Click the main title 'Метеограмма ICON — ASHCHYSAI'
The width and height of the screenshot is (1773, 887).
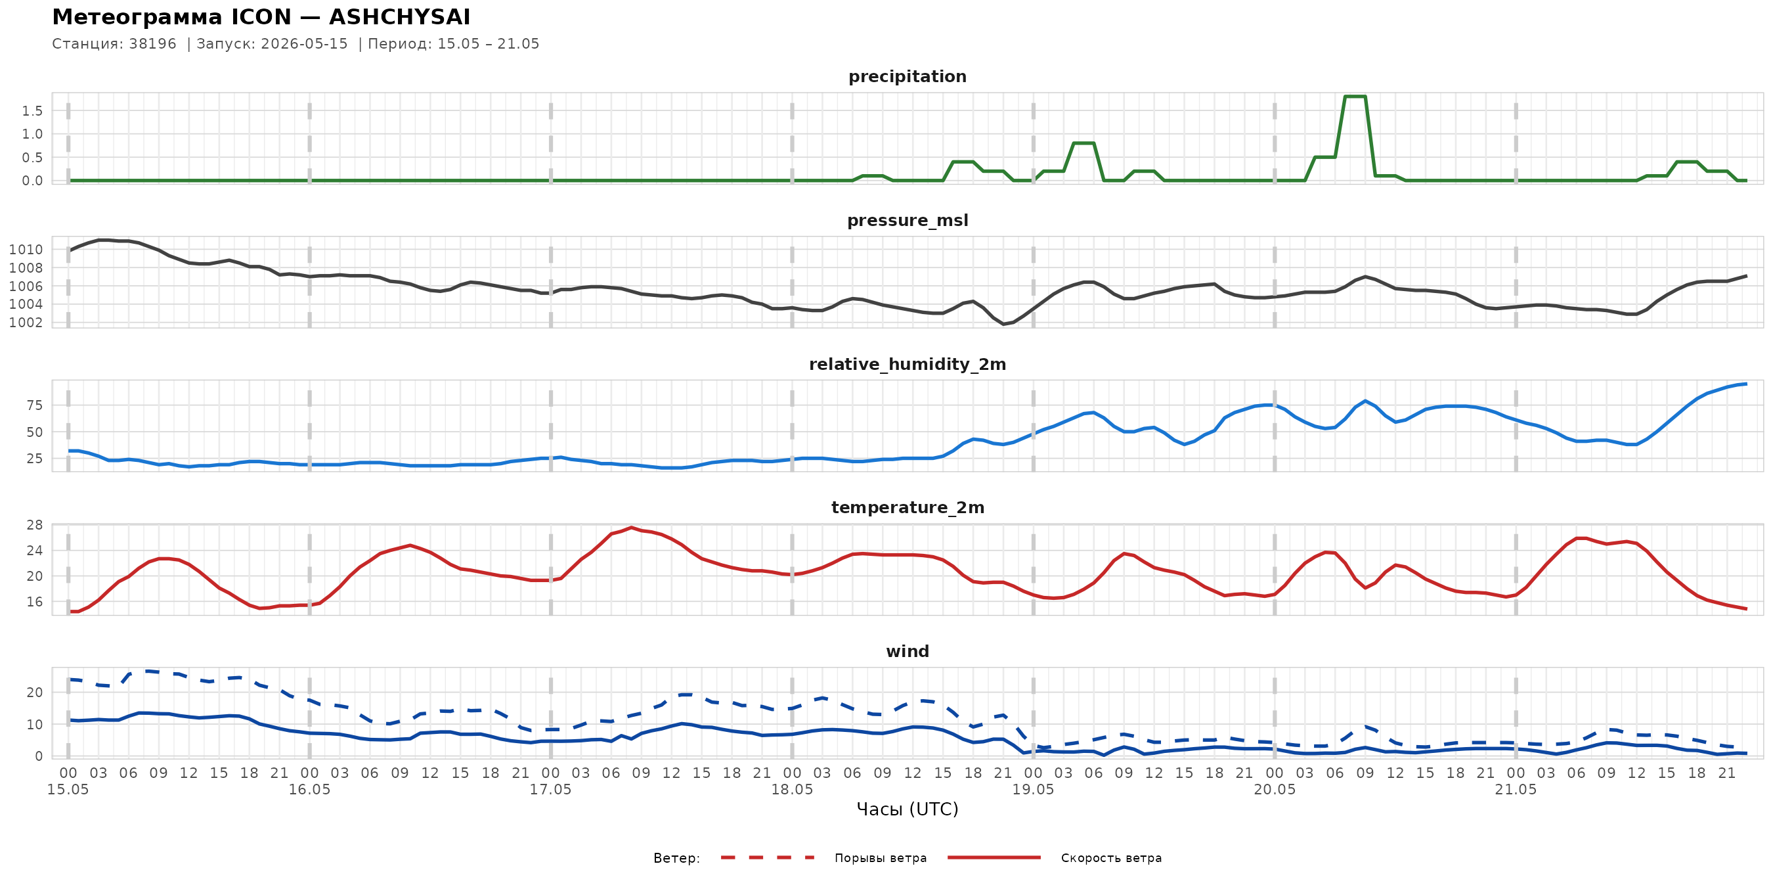(261, 16)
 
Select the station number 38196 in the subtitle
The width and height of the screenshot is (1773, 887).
(153, 44)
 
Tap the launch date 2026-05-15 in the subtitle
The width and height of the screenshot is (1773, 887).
(304, 44)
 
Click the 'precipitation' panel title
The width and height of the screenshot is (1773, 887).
(907, 76)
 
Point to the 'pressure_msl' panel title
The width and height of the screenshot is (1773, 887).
(907, 220)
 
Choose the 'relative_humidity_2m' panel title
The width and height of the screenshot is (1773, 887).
(907, 364)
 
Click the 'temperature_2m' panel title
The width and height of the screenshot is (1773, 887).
(907, 507)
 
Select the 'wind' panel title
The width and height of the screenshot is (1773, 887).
(907, 652)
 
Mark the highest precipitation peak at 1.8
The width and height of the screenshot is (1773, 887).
(1355, 97)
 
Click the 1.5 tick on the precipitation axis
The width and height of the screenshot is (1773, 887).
(32, 111)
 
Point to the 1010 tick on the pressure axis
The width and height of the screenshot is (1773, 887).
(26, 249)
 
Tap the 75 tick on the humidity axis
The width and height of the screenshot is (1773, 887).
(34, 405)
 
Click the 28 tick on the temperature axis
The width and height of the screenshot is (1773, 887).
(34, 525)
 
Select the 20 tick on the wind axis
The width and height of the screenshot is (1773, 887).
(34, 692)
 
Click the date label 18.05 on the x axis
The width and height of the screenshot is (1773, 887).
(791, 789)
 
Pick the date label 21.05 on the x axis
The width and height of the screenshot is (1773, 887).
(1515, 789)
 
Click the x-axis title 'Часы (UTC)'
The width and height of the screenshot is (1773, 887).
(907, 809)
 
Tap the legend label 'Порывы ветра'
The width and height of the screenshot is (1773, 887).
(881, 858)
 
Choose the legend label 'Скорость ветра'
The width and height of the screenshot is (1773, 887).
(1111, 858)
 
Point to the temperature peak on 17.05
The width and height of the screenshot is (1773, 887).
(631, 528)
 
